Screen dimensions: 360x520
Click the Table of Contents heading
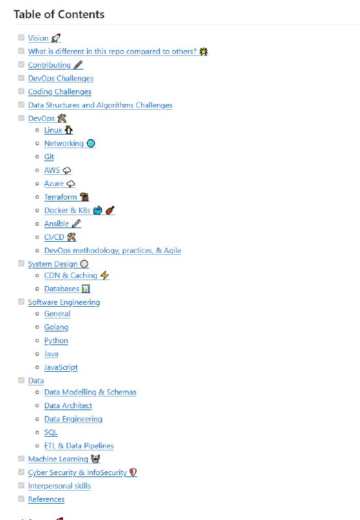[x=59, y=14]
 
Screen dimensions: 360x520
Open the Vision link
[x=38, y=38]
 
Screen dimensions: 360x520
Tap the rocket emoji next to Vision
[x=56, y=38]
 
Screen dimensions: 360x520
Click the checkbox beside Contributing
[x=21, y=64]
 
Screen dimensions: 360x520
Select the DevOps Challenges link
[x=60, y=78]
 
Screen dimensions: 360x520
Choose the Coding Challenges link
[x=60, y=92]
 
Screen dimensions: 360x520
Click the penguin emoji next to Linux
[x=69, y=130]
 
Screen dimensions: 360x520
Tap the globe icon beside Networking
[x=90, y=143]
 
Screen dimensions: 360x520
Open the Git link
[x=49, y=157]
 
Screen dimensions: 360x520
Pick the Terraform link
[x=60, y=197]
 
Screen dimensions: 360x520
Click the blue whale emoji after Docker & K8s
[x=97, y=210]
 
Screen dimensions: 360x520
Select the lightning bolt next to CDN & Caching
[x=105, y=275]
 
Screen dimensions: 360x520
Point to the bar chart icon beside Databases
[x=86, y=289]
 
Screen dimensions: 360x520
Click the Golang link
[x=57, y=328]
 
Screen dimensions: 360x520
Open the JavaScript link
[x=61, y=367]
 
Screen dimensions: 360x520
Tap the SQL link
[x=51, y=432]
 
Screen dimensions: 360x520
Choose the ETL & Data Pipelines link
[x=79, y=446]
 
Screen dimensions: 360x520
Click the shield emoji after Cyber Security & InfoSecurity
[x=133, y=473]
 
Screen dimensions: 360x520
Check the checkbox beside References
[x=21, y=499]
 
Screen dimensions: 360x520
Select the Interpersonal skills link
[x=59, y=486]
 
